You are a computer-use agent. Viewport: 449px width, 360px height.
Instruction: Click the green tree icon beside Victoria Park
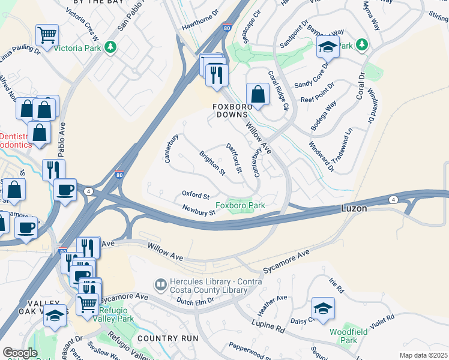click(110, 47)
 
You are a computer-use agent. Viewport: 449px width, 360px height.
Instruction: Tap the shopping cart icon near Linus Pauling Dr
click(47, 34)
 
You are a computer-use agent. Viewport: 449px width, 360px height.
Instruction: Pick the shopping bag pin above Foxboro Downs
click(258, 94)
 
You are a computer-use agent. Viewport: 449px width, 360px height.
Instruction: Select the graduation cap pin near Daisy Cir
click(323, 308)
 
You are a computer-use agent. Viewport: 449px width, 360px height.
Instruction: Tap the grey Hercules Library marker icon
click(160, 284)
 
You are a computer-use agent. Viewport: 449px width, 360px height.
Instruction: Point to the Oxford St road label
click(196, 195)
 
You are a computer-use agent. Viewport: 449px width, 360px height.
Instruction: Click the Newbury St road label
click(199, 211)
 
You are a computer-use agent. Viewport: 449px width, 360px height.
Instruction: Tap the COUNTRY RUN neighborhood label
click(164, 338)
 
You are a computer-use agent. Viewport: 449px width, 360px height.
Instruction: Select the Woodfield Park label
click(343, 335)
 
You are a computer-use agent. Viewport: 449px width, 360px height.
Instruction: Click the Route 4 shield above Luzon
click(393, 199)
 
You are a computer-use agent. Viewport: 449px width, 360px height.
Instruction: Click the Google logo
click(20, 353)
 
